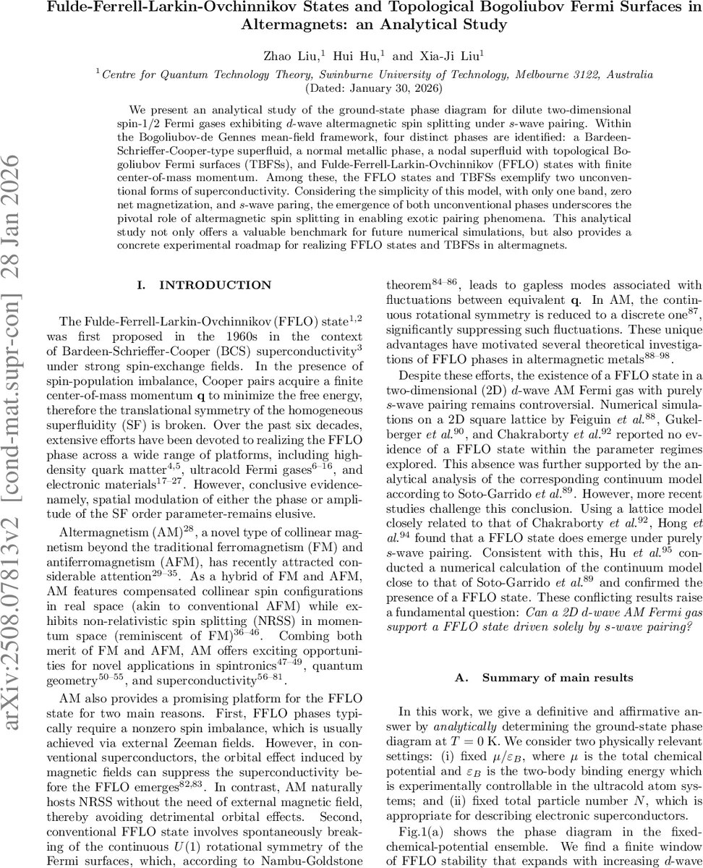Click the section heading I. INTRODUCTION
pyautogui.click(x=204, y=285)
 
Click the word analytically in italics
pyautogui.click(x=454, y=725)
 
